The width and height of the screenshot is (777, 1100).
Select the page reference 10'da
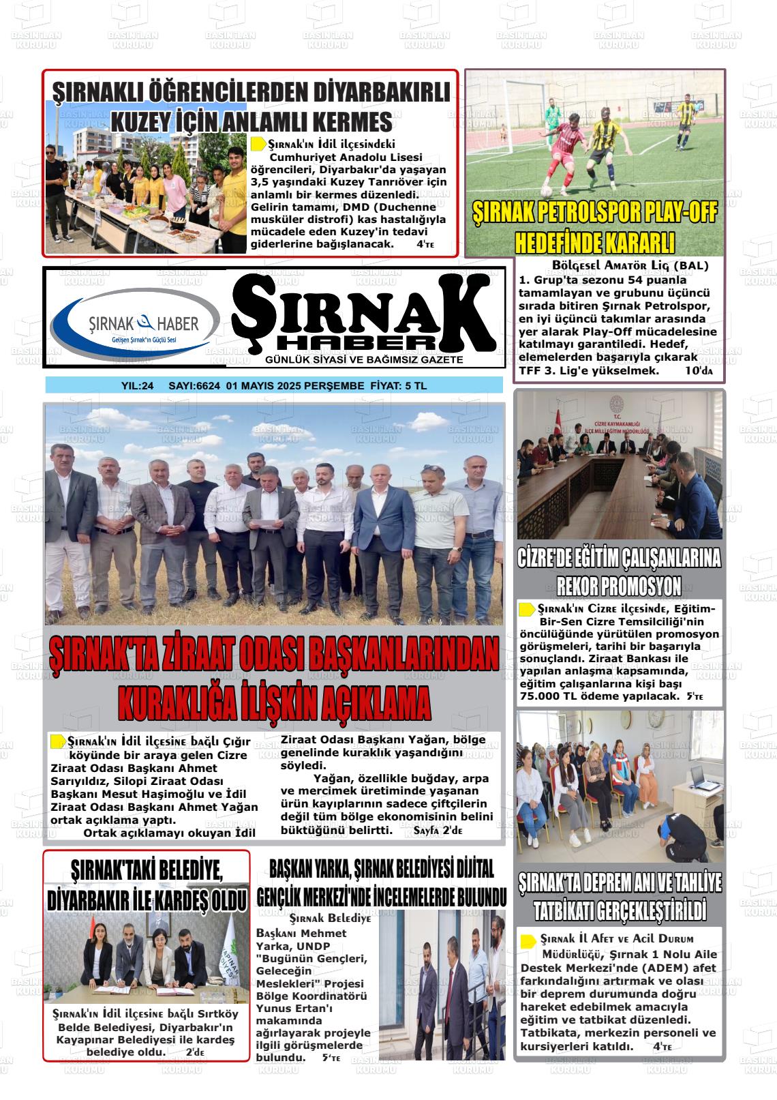(x=699, y=371)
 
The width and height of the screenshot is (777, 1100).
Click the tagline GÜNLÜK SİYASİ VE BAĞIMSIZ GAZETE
(x=364, y=359)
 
